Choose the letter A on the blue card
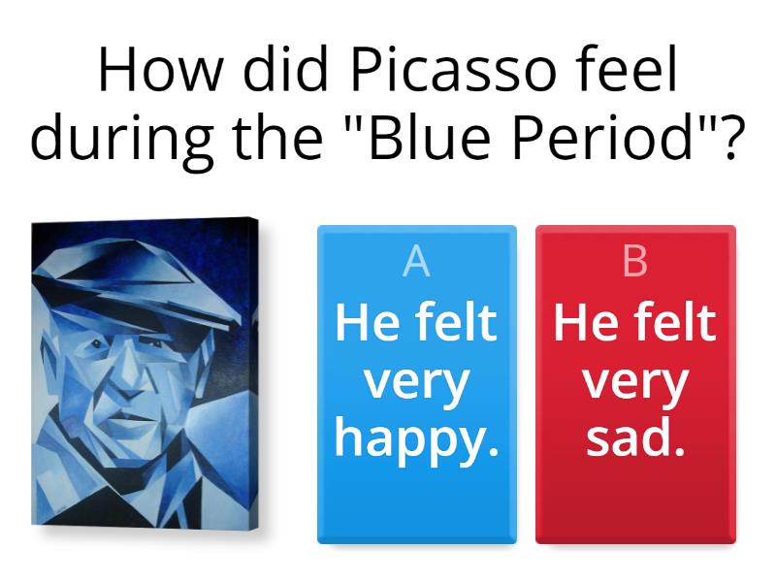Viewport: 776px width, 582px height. coord(416,261)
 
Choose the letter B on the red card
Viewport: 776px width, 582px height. coord(635,261)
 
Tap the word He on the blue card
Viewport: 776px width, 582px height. coord(360,323)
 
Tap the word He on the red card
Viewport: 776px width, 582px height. coord(579,323)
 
